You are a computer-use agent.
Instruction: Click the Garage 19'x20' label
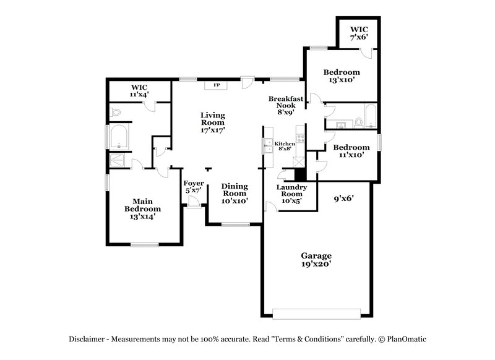[x=316, y=260]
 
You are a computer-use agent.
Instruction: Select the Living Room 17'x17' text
[x=212, y=122]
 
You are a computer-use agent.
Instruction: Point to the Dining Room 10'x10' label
[x=235, y=193]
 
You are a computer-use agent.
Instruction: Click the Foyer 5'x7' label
[x=194, y=187]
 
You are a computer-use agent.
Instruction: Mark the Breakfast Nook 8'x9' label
[x=285, y=105]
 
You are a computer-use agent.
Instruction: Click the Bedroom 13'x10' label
[x=342, y=76]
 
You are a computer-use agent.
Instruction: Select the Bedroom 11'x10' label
[x=351, y=151]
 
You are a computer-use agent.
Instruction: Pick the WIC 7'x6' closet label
[x=359, y=33]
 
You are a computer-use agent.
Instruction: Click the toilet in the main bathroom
[x=115, y=113]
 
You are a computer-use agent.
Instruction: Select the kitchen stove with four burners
[x=300, y=138]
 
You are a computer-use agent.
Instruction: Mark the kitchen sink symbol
[x=268, y=146]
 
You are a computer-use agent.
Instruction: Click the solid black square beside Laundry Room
[x=300, y=174]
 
